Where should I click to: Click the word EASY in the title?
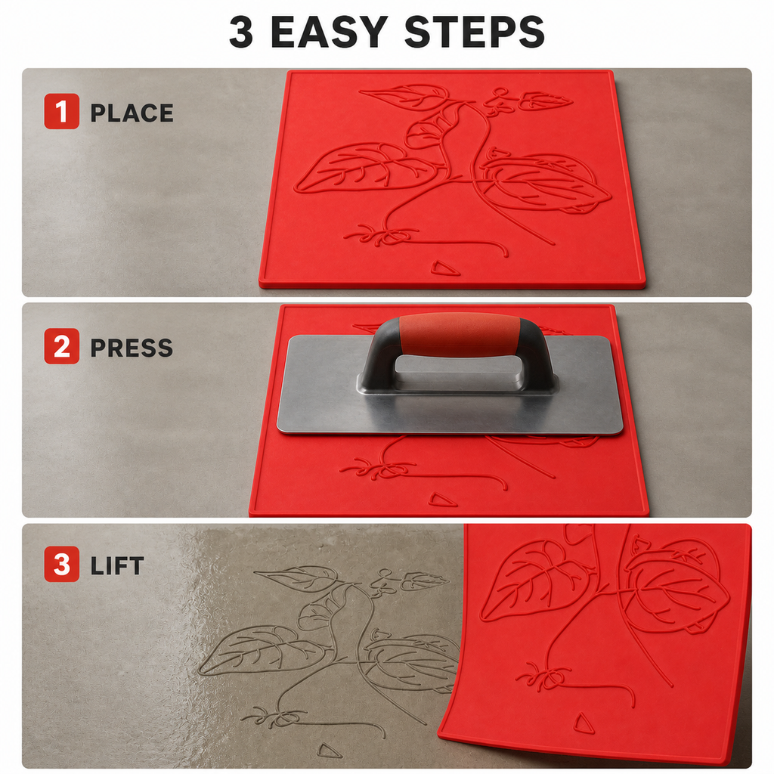click(x=330, y=32)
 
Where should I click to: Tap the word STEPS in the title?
click(x=475, y=32)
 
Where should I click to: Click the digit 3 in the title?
click(x=241, y=32)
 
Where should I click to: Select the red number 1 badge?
click(x=62, y=112)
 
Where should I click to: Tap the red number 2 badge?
click(x=62, y=346)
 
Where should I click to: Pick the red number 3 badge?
click(x=62, y=564)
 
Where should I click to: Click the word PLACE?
click(x=132, y=113)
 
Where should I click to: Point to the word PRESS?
click(x=132, y=348)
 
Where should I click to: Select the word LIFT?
click(x=117, y=565)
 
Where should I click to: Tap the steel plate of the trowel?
click(x=450, y=410)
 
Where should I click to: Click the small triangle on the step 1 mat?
click(x=444, y=268)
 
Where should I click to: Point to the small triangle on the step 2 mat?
click(x=442, y=500)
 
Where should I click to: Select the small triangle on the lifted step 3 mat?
click(x=584, y=723)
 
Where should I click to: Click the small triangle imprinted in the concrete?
click(x=329, y=751)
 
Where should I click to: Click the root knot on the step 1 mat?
click(x=382, y=235)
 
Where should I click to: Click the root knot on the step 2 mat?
click(x=378, y=469)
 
